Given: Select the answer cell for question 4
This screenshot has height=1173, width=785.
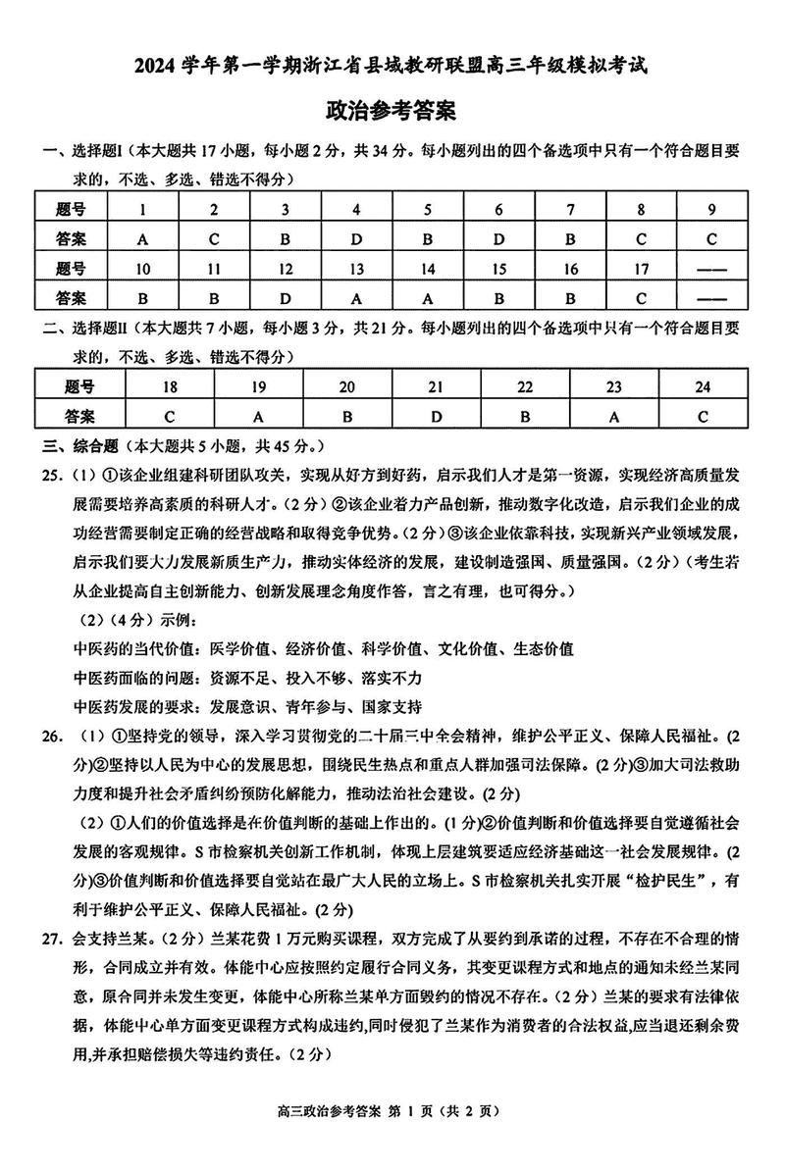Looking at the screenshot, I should (356, 237).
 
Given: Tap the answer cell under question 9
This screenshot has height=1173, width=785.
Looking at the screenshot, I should (711, 237).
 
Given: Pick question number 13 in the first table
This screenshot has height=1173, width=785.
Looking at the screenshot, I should (356, 268).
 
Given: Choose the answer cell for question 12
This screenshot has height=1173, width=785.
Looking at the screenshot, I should (285, 297).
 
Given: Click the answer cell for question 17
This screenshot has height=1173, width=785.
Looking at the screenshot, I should (641, 297).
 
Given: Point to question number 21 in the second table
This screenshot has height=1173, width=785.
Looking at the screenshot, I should (436, 386).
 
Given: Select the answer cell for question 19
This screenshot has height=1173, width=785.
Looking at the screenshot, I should (259, 416).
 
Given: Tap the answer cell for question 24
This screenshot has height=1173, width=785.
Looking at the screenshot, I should (702, 416).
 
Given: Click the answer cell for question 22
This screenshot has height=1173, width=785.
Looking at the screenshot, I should (525, 416).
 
